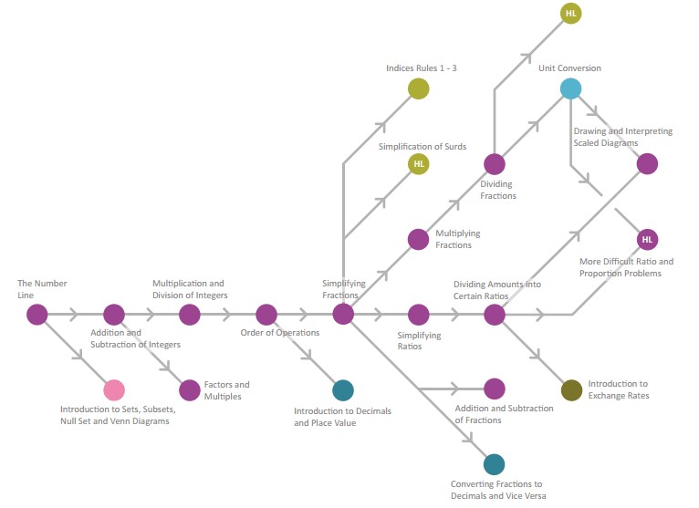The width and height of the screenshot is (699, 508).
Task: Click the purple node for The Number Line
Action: click(37, 315)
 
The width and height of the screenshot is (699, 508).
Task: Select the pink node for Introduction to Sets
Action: click(114, 390)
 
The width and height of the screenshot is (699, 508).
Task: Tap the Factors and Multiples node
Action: click(190, 390)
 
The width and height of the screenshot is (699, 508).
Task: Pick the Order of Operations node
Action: click(266, 315)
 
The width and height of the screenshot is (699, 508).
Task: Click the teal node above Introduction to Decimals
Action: click(343, 390)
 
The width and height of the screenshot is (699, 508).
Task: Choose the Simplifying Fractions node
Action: click(343, 315)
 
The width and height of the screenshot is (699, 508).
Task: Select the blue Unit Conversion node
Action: click(570, 88)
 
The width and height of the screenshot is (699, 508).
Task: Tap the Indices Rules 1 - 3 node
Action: click(419, 88)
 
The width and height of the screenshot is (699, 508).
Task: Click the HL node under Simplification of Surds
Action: click(419, 164)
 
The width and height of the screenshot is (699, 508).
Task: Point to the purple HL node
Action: click(647, 239)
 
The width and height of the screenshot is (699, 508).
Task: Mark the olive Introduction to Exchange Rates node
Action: click(571, 390)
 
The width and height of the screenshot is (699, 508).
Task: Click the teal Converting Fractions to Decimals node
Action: click(494, 464)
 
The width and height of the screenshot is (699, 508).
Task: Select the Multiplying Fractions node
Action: click(419, 239)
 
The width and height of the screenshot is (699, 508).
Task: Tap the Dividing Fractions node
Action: click(495, 164)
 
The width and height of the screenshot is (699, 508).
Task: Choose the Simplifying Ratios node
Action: click(419, 315)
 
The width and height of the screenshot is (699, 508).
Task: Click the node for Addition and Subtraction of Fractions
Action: click(495, 389)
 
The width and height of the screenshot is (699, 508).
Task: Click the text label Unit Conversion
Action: click(569, 68)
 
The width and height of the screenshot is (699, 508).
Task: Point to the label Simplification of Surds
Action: click(423, 147)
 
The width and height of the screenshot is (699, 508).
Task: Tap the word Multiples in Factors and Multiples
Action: click(223, 397)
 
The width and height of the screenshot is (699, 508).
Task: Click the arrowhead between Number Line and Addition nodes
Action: click(74, 315)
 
